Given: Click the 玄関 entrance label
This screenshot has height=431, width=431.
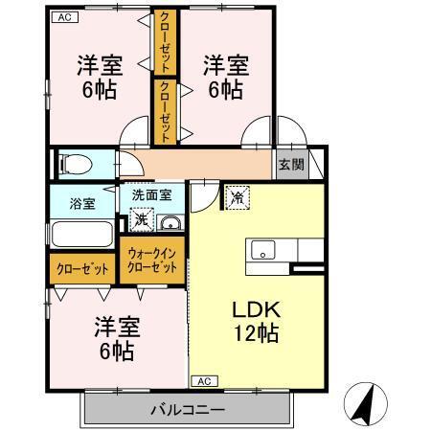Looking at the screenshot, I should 291,165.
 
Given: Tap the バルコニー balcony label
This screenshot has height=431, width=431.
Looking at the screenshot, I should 187,410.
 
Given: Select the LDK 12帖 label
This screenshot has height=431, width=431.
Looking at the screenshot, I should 256,323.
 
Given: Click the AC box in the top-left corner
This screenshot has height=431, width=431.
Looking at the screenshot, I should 64,17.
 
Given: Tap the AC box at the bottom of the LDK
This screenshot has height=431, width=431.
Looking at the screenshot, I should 203,381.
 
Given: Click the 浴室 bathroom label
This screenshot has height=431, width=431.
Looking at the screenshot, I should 82,203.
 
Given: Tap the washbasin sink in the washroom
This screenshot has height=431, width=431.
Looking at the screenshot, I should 170,223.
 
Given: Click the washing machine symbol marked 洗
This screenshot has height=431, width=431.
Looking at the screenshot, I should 141,220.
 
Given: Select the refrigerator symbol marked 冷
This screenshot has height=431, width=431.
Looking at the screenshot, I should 237,197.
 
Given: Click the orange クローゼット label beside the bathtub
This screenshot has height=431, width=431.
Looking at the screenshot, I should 81,269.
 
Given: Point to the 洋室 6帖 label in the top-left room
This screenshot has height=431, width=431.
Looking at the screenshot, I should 99,79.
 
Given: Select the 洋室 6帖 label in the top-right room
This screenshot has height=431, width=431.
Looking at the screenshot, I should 225,79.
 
